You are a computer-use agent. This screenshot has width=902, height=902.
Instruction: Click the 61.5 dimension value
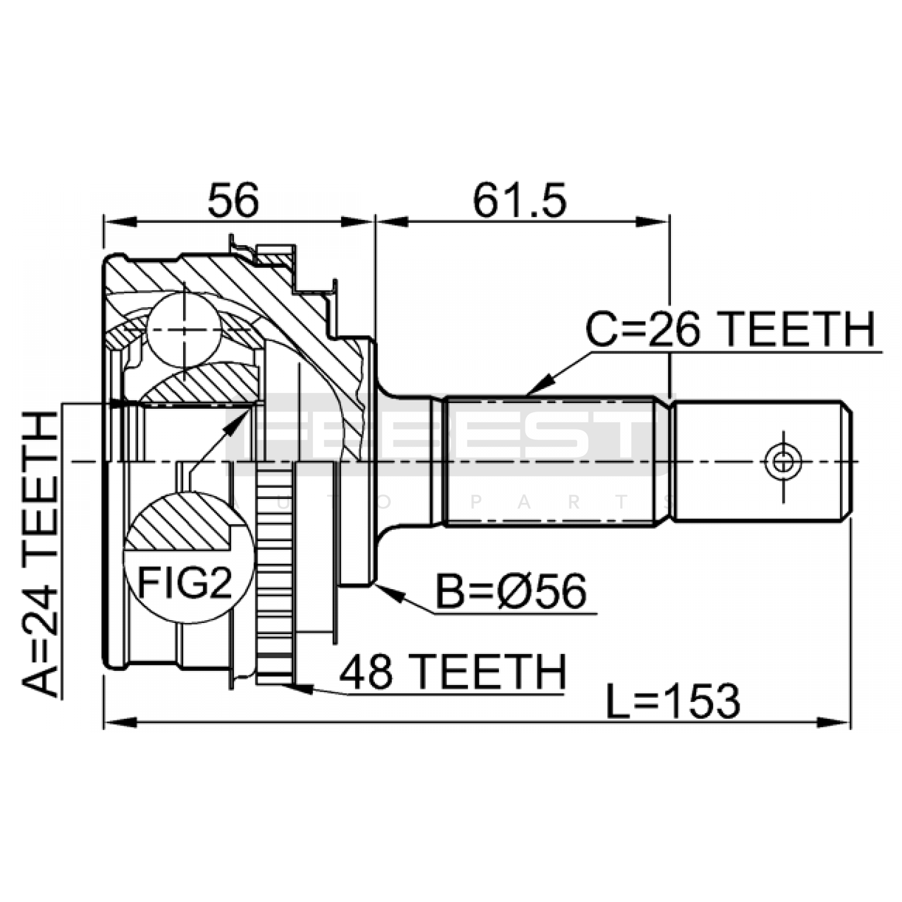click(x=519, y=201)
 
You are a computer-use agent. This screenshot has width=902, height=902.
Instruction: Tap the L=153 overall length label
click(x=673, y=701)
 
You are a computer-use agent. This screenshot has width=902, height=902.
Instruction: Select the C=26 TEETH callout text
click(x=730, y=329)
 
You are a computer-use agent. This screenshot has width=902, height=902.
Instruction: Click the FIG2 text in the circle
click(x=185, y=584)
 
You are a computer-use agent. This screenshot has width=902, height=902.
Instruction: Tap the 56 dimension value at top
click(x=233, y=201)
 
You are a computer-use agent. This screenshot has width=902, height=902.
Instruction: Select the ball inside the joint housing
click(x=185, y=331)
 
